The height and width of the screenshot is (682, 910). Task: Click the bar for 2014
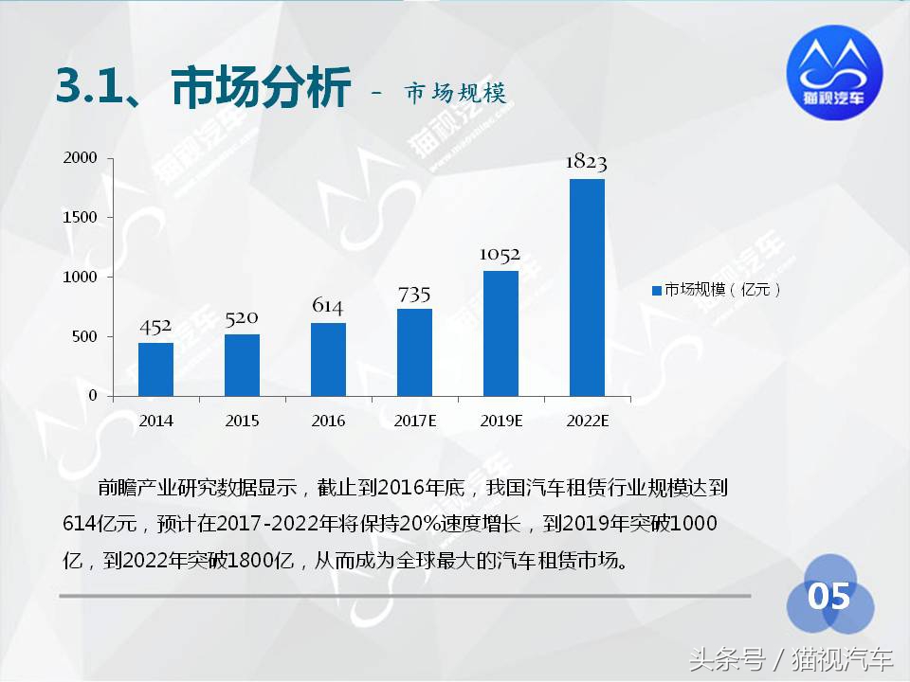[x=155, y=368]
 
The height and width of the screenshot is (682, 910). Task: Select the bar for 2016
[x=328, y=359]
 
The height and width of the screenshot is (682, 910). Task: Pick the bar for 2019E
[x=500, y=332]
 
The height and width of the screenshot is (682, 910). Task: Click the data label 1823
[x=586, y=162]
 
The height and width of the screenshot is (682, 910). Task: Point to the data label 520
[x=242, y=318]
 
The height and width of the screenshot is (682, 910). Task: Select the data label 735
[x=414, y=294]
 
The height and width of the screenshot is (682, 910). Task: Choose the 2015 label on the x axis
[x=242, y=422]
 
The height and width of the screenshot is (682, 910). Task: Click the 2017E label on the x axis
[x=414, y=422]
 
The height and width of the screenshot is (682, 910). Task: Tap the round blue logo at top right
[x=834, y=70]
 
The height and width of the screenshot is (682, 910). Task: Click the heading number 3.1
[x=90, y=88]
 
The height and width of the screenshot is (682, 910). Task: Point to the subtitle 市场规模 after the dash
[x=455, y=93]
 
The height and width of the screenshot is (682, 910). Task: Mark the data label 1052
[x=500, y=255]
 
